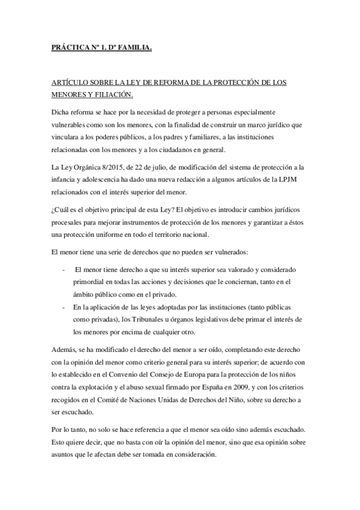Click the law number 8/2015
tap(111, 166)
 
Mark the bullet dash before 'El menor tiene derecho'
tap(64, 269)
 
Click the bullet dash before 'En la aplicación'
tap(64, 307)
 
